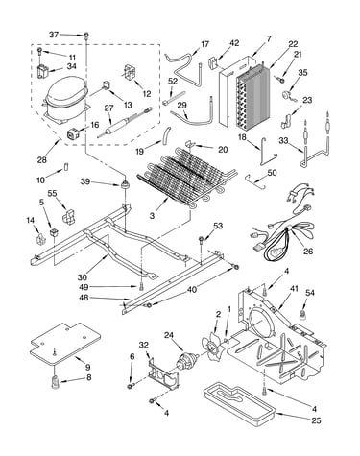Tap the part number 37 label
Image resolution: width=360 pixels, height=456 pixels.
54,35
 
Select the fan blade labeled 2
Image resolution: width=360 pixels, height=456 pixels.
210,347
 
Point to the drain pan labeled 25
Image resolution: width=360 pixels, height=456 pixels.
239,404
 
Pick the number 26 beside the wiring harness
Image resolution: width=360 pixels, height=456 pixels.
308,252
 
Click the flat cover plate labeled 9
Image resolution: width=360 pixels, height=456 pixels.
65,344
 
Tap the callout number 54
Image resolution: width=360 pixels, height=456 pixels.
310,293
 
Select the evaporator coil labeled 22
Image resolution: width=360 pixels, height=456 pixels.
252,95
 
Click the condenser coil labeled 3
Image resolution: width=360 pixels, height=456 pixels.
187,175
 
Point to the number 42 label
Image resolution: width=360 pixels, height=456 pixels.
234,43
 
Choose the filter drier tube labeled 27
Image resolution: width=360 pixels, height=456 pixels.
125,123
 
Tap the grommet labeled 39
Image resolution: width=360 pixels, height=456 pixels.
124,185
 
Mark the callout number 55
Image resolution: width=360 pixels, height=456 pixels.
52,193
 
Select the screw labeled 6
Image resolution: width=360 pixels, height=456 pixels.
132,386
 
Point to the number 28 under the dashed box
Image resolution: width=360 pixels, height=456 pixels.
42,159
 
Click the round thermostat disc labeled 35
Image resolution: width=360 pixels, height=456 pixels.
285,96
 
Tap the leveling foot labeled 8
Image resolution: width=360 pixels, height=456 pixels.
56,382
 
